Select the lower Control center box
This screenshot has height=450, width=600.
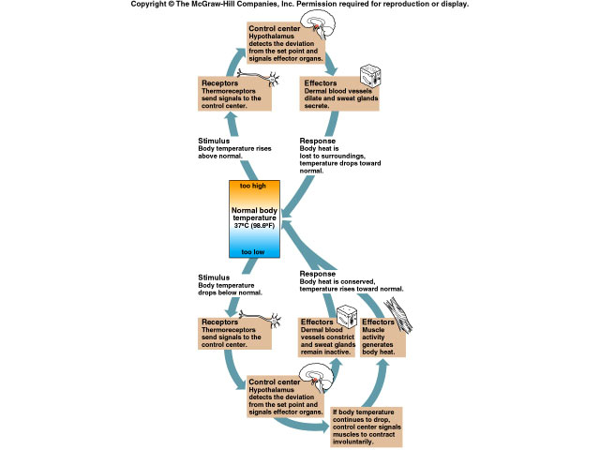[286, 398]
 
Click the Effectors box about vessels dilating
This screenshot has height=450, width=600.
[337, 96]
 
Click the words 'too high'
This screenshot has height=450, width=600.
[253, 187]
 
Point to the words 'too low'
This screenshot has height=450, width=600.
[253, 251]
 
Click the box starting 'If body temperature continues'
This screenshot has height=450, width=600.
[367, 427]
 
